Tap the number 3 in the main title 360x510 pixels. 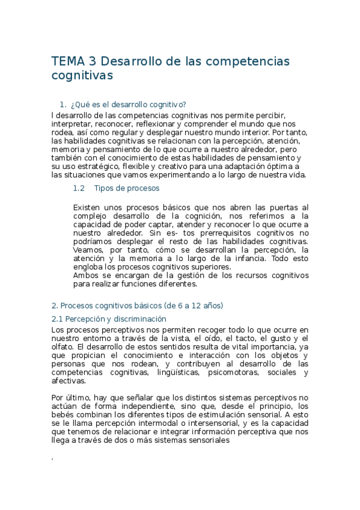pyautogui.click(x=91, y=61)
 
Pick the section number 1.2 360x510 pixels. pyautogui.click(x=78, y=188)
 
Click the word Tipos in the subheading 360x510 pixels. pyautogui.click(x=105, y=188)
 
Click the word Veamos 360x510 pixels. pyautogui.click(x=88, y=250)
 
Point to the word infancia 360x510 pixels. pyautogui.click(x=243, y=258)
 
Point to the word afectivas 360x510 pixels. pyautogui.click(x=69, y=381)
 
